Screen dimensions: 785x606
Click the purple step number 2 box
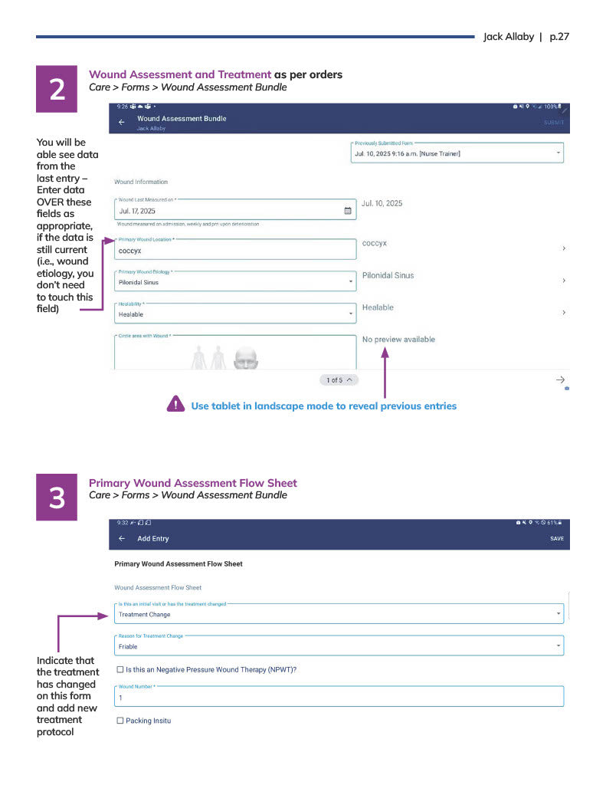pyautogui.click(x=57, y=90)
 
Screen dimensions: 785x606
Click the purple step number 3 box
pyautogui.click(x=57, y=498)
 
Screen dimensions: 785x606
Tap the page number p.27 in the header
pyautogui.click(x=559, y=37)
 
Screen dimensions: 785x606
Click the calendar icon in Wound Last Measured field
pyautogui.click(x=347, y=210)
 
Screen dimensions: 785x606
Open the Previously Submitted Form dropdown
pyautogui.click(x=457, y=153)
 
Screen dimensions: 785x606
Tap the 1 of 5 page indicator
pyautogui.click(x=339, y=380)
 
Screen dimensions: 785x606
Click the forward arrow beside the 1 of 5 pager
pyautogui.click(x=560, y=380)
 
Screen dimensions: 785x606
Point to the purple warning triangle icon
pyautogui.click(x=175, y=405)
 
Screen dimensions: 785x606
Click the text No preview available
pyautogui.click(x=398, y=340)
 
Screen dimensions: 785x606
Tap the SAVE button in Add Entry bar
pyautogui.click(x=556, y=539)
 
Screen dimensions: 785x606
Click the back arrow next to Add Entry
pyautogui.click(x=122, y=539)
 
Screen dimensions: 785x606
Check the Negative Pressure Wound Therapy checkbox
pyautogui.click(x=120, y=669)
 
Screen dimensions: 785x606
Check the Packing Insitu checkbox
pyautogui.click(x=120, y=721)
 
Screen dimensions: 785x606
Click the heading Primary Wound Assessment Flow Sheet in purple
pyautogui.click(x=193, y=483)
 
